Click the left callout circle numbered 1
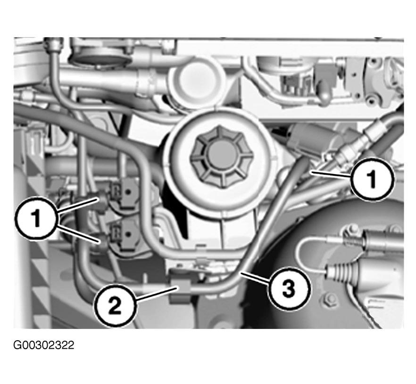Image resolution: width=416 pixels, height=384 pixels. point(36,219)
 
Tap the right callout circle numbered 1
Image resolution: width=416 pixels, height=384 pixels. point(373,179)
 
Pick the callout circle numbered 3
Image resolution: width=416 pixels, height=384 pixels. point(288,288)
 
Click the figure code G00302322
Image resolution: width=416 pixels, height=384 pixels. point(44,345)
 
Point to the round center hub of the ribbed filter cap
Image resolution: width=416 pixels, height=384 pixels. point(220,156)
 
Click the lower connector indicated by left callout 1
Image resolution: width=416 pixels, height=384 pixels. point(103,242)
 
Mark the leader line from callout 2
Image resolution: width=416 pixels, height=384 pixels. point(156,294)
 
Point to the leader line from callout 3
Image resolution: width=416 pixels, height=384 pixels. point(255,278)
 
